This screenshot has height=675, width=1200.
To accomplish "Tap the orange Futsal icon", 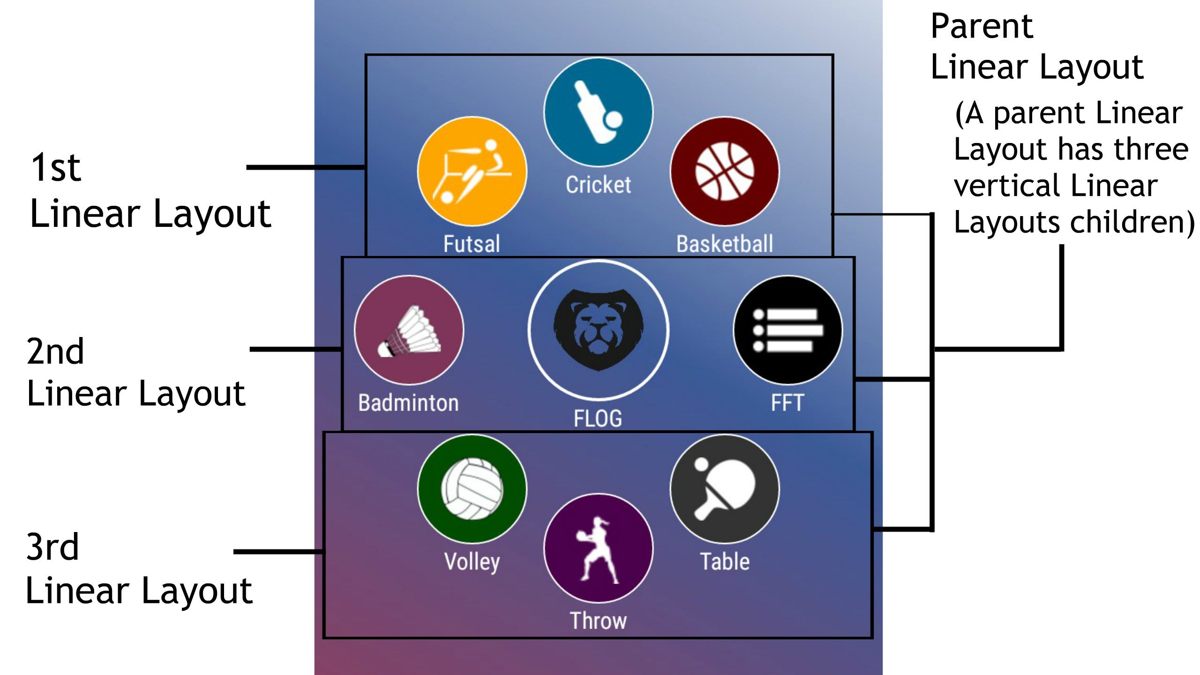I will (472, 171).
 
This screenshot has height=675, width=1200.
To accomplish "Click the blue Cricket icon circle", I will (598, 112).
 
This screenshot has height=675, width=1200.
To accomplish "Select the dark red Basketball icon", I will (725, 171).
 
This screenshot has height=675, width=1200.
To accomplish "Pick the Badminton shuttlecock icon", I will (409, 330).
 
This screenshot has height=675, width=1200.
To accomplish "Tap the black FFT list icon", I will (787, 330).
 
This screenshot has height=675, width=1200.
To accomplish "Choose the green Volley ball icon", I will (472, 489).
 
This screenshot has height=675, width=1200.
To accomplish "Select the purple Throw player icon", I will (598, 548).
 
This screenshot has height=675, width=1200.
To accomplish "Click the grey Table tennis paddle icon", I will (725, 489).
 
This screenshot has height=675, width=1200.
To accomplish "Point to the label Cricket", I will (598, 185).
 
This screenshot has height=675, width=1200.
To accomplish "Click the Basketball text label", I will (725, 244).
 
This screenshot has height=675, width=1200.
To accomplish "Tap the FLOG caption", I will (598, 418).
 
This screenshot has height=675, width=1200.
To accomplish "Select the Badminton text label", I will (409, 403).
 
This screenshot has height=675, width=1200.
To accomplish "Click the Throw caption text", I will (598, 621).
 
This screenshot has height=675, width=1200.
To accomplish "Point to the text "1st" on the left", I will (55, 167).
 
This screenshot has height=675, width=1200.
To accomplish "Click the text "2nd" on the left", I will (55, 351).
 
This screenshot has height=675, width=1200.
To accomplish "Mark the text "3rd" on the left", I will (52, 547).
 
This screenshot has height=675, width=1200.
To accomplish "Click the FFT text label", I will (787, 403).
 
